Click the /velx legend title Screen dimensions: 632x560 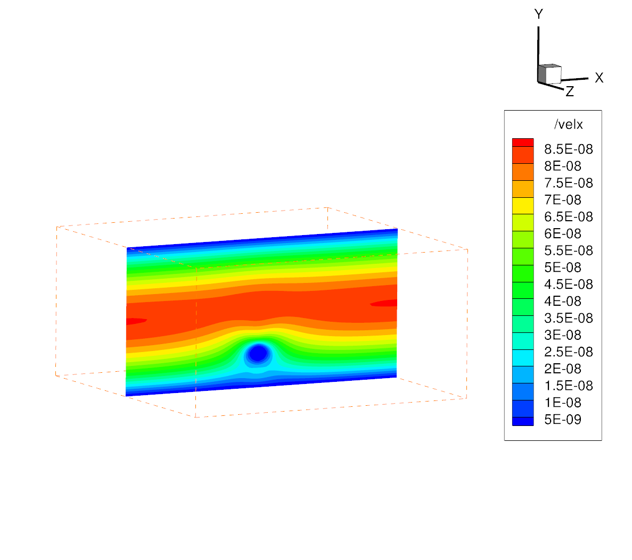568,124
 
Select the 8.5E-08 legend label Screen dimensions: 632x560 568,149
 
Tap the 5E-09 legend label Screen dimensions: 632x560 563,420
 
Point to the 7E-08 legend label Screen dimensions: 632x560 563,199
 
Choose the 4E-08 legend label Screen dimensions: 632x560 563,301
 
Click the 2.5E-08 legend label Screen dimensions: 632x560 568,352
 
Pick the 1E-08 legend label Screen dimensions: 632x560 563,403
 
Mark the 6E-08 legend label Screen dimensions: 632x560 563,233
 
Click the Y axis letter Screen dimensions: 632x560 538,14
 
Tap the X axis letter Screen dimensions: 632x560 599,78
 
